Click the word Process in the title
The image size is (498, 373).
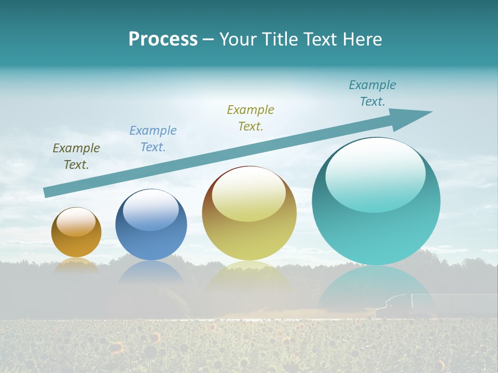(163, 39)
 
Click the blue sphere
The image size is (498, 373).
(151, 243)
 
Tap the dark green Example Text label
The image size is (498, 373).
(76, 156)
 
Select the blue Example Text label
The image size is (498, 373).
(153, 138)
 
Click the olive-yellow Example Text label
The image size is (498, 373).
(251, 118)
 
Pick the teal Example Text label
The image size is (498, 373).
(372, 93)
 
